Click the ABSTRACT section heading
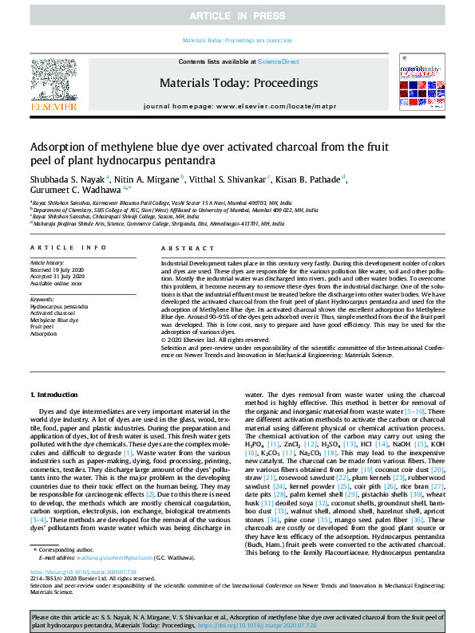pyautogui.click(x=183, y=249)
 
